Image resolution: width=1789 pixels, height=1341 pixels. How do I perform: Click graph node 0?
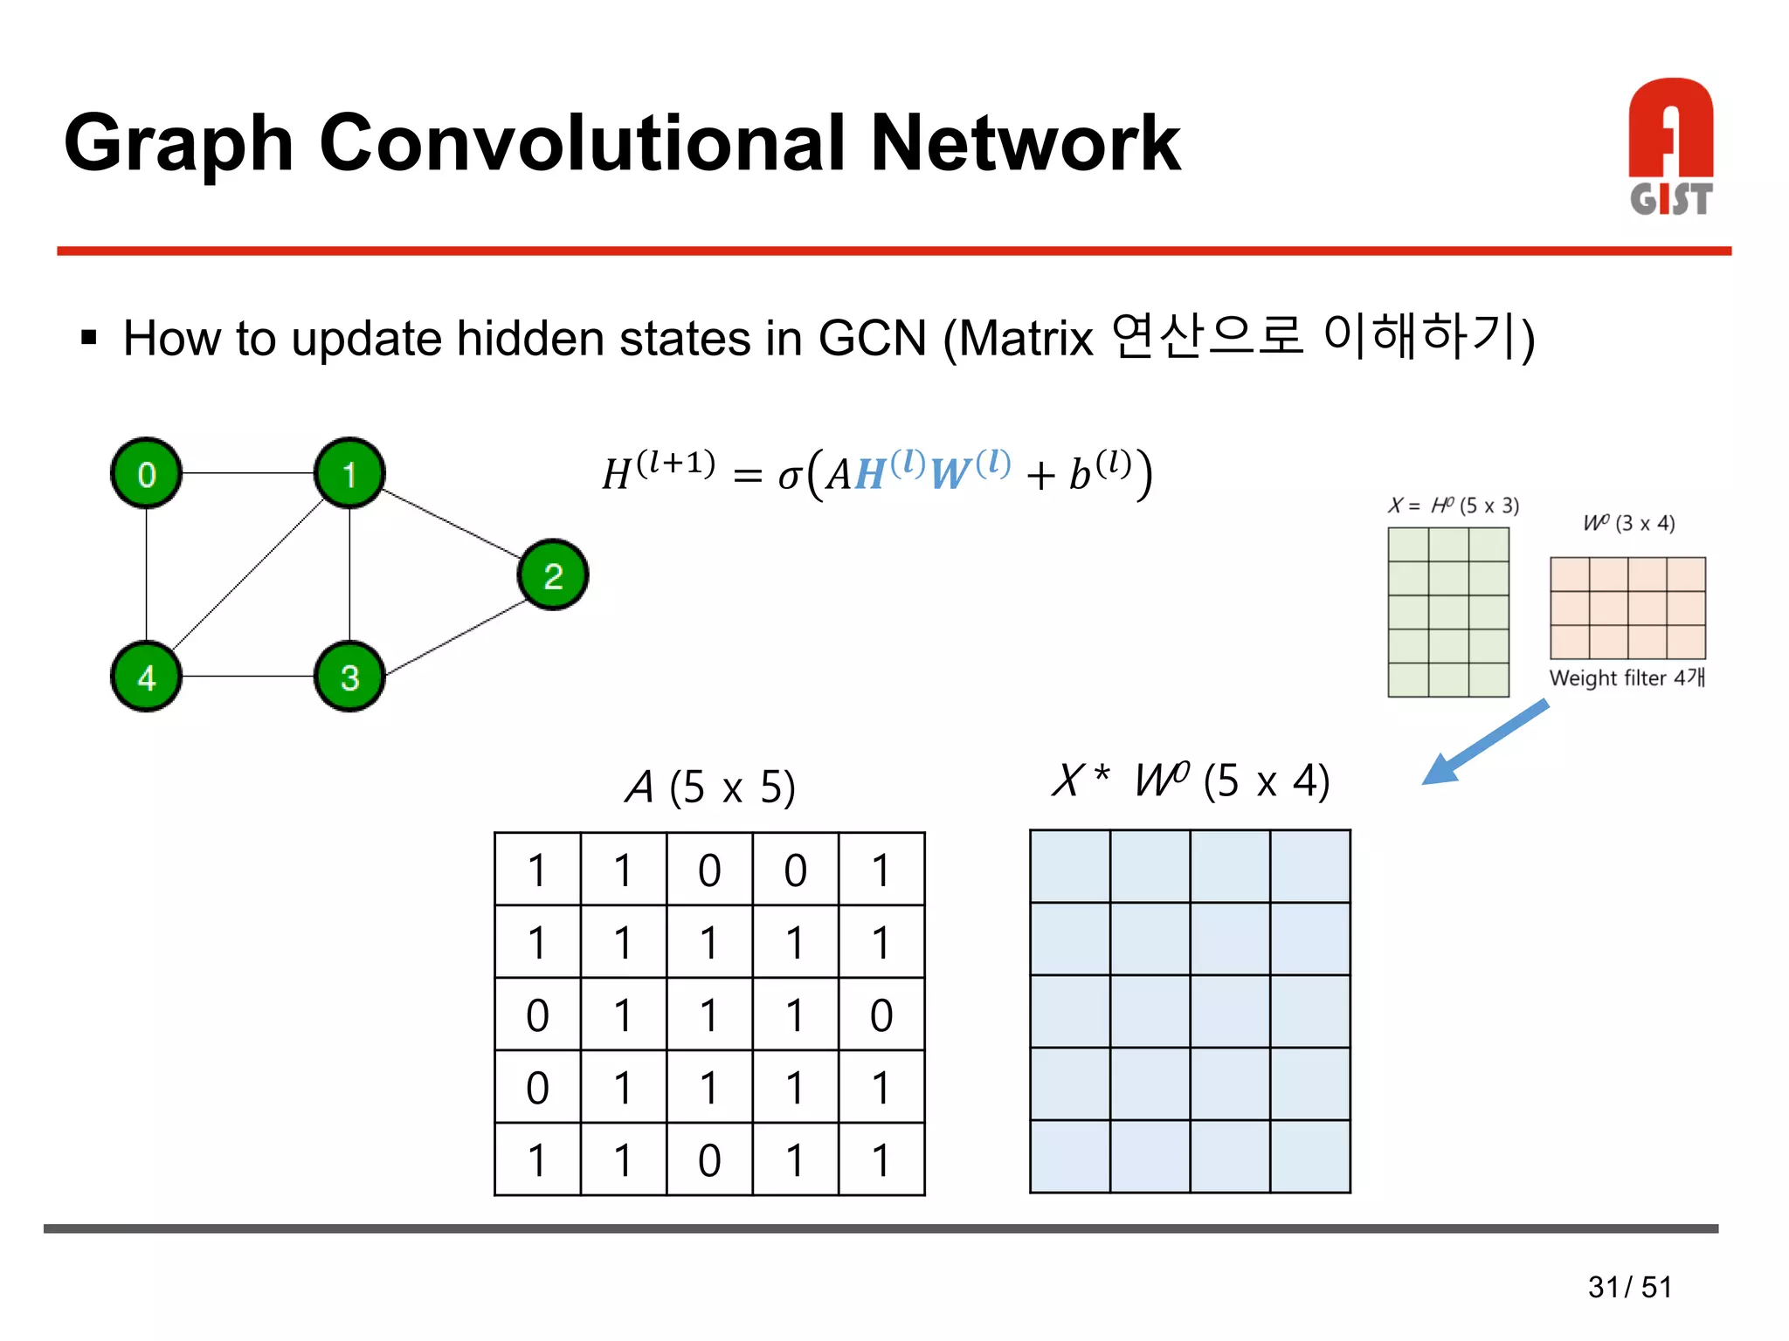click(x=146, y=473)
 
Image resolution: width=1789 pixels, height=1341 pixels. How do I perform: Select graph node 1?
click(x=349, y=473)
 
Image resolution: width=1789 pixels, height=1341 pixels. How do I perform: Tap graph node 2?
click(x=553, y=575)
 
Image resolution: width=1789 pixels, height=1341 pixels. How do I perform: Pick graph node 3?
click(x=349, y=677)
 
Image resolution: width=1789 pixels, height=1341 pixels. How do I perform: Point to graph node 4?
click(x=146, y=677)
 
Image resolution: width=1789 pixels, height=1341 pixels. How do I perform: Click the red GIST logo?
click(x=1670, y=147)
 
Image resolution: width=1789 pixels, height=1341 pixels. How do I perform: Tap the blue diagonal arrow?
click(x=1485, y=742)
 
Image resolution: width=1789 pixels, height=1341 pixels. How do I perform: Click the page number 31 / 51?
click(x=1629, y=1287)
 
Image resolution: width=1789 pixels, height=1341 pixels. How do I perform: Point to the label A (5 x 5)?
click(x=710, y=787)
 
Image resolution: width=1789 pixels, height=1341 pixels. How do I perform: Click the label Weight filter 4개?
click(x=1627, y=677)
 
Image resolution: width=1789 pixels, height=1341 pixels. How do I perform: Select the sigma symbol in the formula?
click(x=789, y=476)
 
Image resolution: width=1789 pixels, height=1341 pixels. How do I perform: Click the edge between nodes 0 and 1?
click(x=248, y=473)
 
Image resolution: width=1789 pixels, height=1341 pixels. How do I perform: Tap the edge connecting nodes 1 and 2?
click(x=452, y=524)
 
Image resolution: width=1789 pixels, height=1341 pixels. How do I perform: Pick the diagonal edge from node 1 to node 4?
click(x=248, y=575)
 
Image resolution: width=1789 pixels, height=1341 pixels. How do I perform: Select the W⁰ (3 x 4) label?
click(x=1629, y=523)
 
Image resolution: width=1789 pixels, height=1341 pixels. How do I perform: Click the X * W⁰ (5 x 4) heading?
click(x=1191, y=781)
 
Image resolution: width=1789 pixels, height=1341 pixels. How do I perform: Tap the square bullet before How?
click(x=88, y=337)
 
